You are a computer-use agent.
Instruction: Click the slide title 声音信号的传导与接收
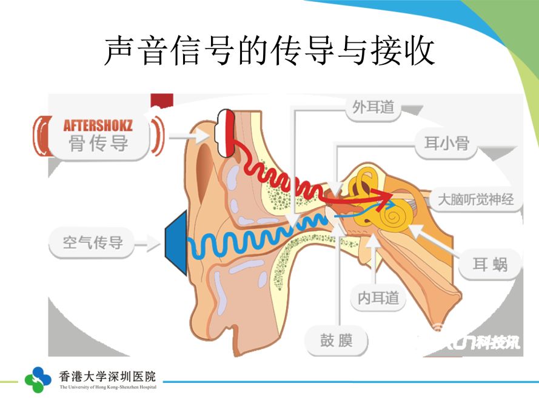click(269, 51)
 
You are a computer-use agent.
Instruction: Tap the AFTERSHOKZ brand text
click(98, 126)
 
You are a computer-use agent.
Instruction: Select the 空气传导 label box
click(93, 243)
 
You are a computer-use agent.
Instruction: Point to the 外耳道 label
click(373, 108)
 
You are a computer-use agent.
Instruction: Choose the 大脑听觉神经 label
click(476, 199)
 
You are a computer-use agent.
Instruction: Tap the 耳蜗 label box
click(490, 264)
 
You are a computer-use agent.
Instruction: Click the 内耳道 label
click(378, 298)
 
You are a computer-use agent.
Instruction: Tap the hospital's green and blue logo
click(38, 379)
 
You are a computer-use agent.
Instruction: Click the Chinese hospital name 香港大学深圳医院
click(107, 376)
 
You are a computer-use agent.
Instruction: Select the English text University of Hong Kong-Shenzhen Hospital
click(107, 387)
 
